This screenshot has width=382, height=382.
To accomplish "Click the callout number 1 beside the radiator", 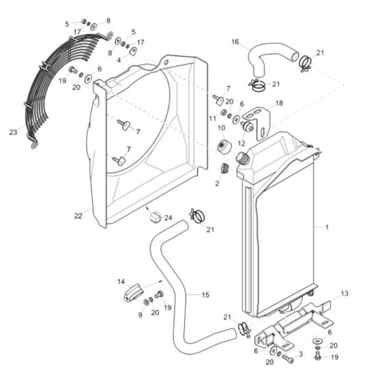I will tap(327, 226).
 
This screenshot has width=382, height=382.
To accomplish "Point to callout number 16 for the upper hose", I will tap(235, 42).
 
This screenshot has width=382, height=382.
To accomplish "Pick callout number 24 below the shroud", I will tap(168, 219).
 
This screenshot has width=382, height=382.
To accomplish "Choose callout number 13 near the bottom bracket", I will tap(344, 293).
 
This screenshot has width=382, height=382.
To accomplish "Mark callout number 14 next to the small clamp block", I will tap(121, 281).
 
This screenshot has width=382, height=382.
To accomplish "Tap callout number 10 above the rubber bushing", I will tap(221, 128).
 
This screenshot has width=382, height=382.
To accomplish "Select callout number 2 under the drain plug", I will tap(218, 183).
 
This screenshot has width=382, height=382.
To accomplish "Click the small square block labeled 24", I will tap(155, 217).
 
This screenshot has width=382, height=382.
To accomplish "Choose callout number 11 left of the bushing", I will tap(212, 117).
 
